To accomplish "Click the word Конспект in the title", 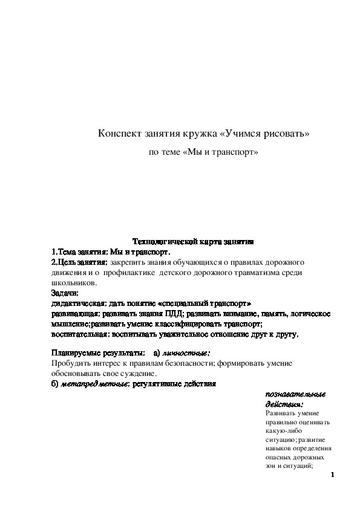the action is [119, 133].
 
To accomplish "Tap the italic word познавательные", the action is [295, 394].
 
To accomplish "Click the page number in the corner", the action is [333, 476].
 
